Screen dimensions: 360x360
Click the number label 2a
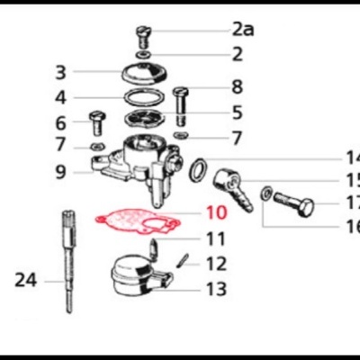point(243,30)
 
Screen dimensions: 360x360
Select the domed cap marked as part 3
point(147,75)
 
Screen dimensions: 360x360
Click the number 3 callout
point(85,72)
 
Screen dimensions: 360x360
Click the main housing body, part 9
point(135,162)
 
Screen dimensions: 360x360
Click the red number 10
point(217,214)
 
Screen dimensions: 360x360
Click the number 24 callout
point(27,280)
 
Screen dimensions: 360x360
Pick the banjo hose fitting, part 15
point(230,186)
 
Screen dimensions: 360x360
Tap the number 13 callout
point(216,289)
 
